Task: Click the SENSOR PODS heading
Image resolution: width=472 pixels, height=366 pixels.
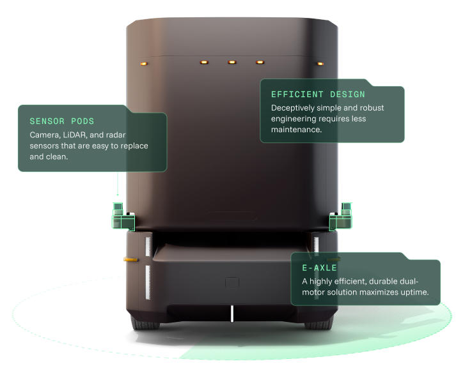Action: [x=62, y=121]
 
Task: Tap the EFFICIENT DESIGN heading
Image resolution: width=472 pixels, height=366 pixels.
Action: [x=318, y=95]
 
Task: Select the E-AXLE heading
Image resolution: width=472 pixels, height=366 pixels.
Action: [x=319, y=268]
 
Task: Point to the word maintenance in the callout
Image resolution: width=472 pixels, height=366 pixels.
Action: [x=295, y=130]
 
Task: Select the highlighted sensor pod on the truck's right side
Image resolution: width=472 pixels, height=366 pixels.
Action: [x=341, y=217]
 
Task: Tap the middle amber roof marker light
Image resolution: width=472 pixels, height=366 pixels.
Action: [x=232, y=62]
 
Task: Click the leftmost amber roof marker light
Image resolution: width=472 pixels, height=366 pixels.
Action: [x=143, y=63]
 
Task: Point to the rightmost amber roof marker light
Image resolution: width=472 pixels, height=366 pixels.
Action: [x=320, y=63]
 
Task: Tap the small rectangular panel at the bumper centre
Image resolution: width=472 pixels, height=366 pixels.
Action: [x=232, y=282]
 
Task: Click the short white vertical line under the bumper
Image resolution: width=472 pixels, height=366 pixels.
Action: [x=232, y=314]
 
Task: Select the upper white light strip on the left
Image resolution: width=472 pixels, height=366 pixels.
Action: [x=148, y=247]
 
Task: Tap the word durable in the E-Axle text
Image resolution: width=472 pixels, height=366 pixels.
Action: [x=378, y=282]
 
